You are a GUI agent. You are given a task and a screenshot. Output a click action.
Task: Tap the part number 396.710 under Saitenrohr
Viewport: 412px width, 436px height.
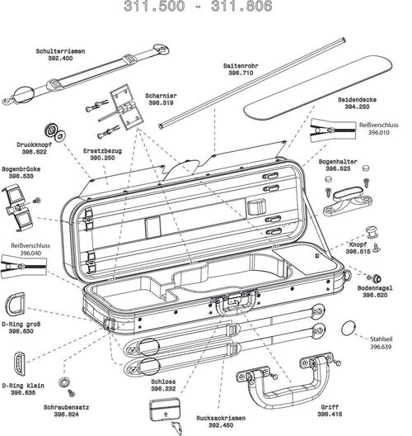[x=239, y=73]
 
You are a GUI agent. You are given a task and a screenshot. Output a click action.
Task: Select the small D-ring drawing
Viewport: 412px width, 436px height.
[x=21, y=363]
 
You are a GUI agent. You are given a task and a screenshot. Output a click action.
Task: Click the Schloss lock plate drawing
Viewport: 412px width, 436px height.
[x=164, y=409]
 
